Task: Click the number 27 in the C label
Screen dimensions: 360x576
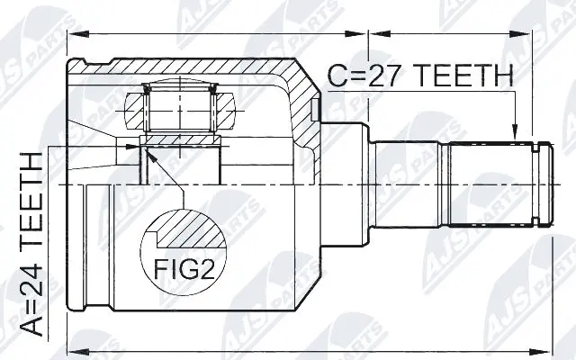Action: tap(388, 76)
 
